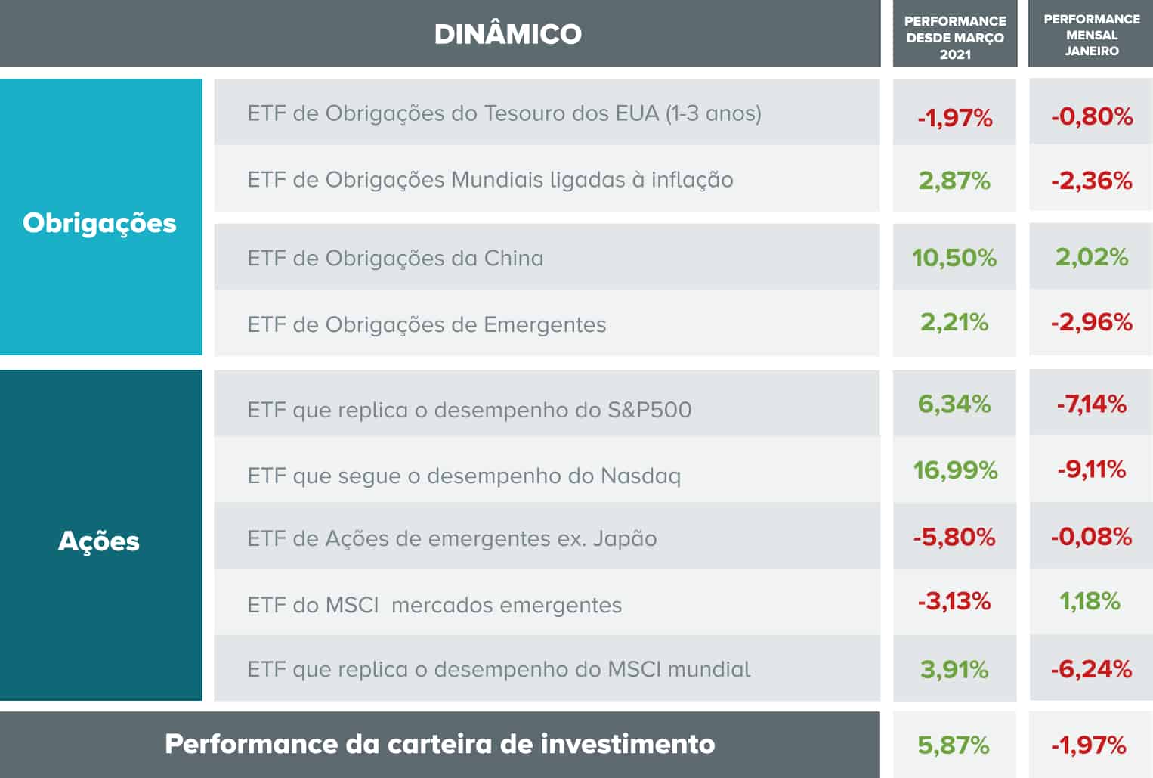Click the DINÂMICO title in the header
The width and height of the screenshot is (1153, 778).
[508, 34]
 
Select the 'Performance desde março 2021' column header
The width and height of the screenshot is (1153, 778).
[955, 37]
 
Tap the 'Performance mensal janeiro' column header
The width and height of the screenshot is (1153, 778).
[1092, 35]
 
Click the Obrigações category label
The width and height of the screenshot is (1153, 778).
[100, 223]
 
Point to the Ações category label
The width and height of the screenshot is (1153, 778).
[99, 541]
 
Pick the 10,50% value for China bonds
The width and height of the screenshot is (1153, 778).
[954, 258]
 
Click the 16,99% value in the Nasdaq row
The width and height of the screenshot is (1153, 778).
[955, 470]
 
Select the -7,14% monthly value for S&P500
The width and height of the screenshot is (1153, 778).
[1091, 404]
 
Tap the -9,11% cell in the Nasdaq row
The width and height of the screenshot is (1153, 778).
[1091, 470]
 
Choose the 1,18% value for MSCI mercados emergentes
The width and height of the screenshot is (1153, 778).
[1090, 601]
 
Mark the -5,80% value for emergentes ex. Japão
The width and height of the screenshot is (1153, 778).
[954, 537]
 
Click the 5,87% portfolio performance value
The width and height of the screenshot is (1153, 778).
[954, 745]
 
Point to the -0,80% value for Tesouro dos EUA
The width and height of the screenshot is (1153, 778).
[1092, 116]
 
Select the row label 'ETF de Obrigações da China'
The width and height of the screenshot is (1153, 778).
[395, 259]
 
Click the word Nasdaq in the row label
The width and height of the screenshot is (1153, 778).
[641, 476]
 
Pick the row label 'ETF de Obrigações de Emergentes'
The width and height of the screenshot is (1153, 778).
[426, 324]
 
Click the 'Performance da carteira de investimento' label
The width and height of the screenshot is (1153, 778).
[440, 744]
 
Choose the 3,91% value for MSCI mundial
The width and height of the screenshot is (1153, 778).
[954, 669]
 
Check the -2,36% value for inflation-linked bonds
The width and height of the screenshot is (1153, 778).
[1092, 181]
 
